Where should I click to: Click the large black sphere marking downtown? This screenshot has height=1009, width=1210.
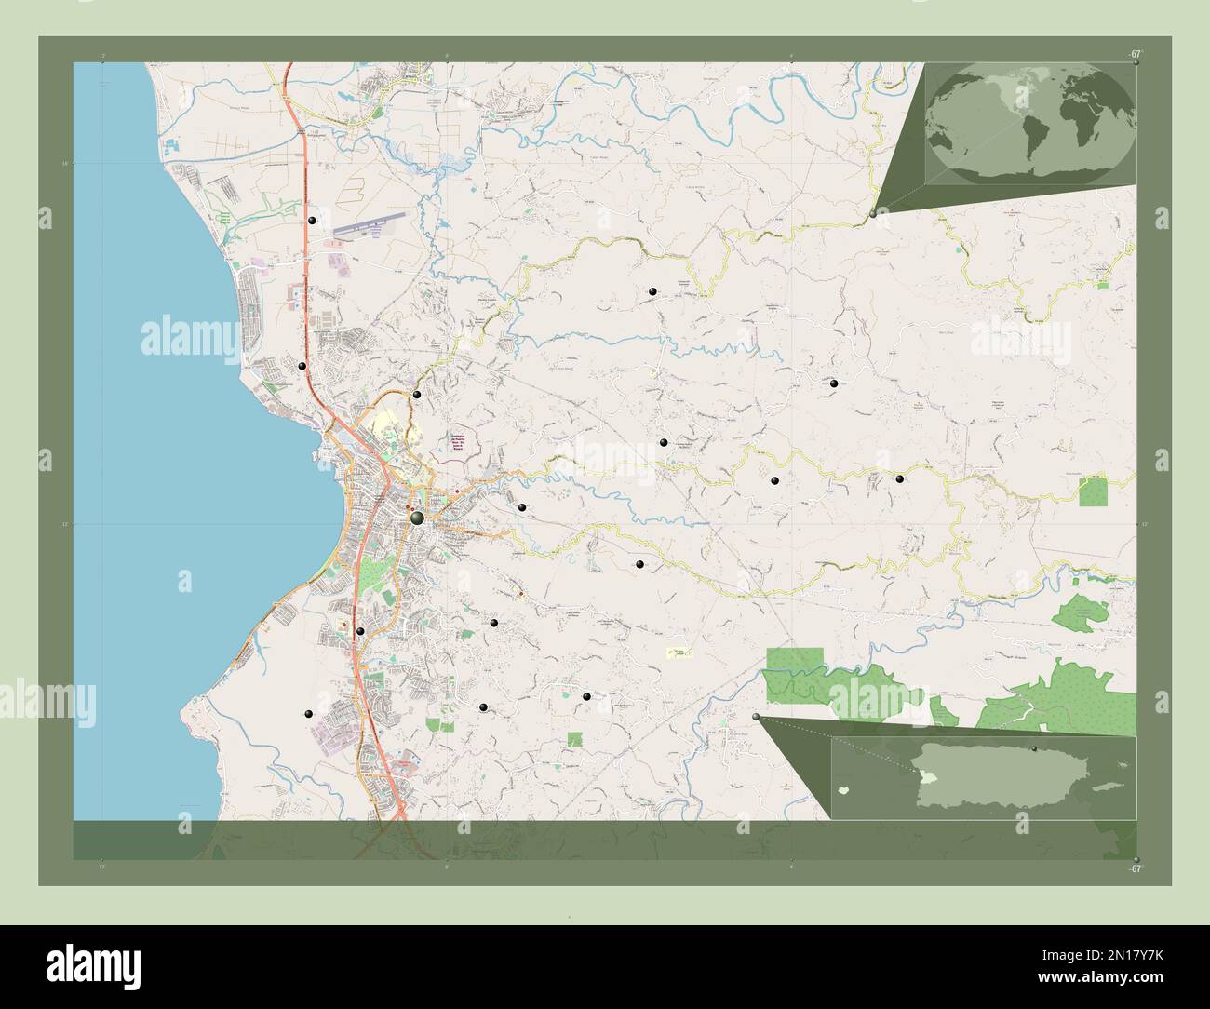(x=417, y=517)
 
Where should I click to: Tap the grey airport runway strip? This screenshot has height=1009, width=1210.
(x=368, y=225)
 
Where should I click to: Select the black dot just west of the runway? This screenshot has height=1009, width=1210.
(x=313, y=221)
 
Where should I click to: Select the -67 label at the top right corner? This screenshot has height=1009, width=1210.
(x=1135, y=55)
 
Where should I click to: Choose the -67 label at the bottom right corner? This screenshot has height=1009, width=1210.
(x=1135, y=868)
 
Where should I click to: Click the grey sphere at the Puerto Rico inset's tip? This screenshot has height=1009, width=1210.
(x=756, y=717)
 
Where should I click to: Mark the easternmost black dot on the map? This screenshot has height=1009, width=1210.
(x=900, y=478)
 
